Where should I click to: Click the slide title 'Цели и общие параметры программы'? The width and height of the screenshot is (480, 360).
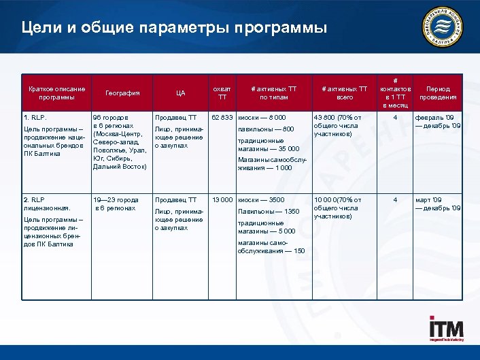[173, 28]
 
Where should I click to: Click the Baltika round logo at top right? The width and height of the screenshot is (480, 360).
[446, 27]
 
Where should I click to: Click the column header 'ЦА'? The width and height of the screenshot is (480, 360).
[179, 93]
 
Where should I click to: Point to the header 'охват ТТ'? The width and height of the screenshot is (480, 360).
[222, 93]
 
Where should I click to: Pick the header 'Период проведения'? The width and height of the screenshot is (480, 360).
[437, 93]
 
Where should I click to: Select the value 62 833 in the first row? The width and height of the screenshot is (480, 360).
[223, 118]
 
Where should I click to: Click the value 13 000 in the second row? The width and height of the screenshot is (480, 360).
[223, 200]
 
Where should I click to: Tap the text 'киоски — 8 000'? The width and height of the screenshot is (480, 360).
[267, 118]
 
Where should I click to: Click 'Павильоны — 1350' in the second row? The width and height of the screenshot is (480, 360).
[269, 212]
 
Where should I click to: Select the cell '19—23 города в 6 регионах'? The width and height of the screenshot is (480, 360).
[116, 203]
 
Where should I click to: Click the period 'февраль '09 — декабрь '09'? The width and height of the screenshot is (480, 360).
[438, 122]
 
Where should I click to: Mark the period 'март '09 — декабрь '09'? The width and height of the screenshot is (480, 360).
[438, 203]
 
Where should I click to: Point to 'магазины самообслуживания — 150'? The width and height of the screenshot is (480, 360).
[271, 246]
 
